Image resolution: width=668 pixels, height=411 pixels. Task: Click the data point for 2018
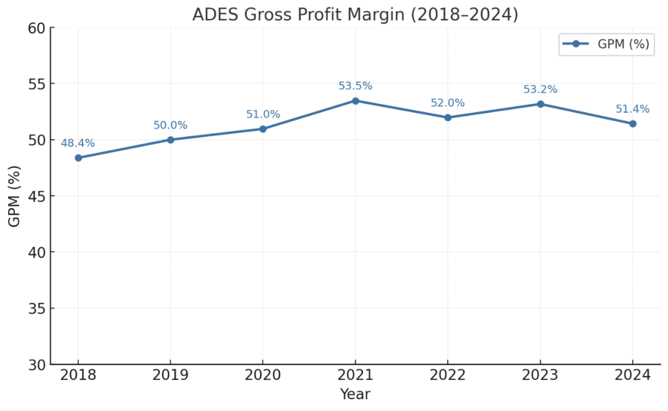coord(79,158)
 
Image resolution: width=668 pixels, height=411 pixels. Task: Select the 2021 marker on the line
coord(356,100)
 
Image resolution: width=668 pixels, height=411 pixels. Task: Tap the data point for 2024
coord(633,124)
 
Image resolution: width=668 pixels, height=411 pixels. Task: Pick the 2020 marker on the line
coord(263,129)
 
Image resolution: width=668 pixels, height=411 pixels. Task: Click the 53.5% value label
coord(356,86)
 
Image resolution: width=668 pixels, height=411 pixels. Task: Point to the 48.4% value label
coord(78,143)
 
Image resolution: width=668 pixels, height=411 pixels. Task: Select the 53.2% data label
coord(540,90)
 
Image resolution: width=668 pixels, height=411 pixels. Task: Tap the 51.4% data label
coord(632,110)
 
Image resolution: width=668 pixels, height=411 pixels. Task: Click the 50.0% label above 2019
coord(170,126)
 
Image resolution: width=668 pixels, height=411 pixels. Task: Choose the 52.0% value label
coord(448,103)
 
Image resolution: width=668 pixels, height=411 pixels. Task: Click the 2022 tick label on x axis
coord(448,375)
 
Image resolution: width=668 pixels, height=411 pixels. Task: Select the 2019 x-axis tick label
coord(171,375)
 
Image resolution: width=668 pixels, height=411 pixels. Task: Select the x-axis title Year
coord(355,394)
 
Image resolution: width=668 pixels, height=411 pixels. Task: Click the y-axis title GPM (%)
coord(14,196)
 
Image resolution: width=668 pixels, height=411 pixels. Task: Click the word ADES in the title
coord(212,14)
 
